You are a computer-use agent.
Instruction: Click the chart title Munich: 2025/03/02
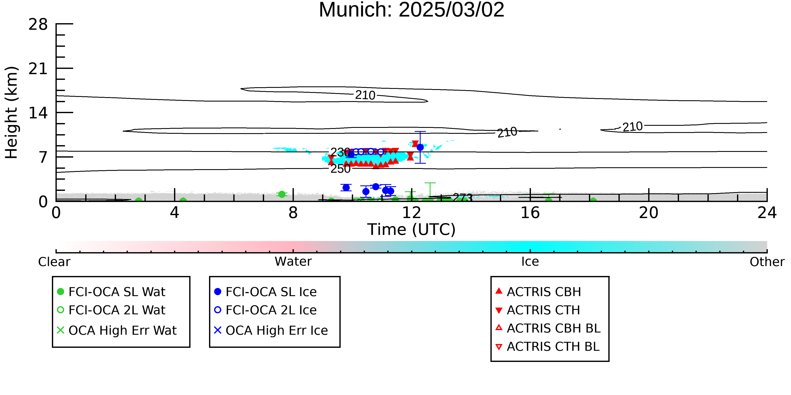(x=412, y=10)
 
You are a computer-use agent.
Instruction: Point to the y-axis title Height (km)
(x=12, y=112)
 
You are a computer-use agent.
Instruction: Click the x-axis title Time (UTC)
(x=412, y=229)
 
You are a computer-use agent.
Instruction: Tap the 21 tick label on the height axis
(x=38, y=69)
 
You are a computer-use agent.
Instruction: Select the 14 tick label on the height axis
(x=38, y=113)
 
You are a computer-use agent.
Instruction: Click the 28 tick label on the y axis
(x=38, y=24)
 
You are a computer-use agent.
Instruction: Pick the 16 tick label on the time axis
(x=530, y=213)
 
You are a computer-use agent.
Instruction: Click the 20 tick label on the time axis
(x=649, y=213)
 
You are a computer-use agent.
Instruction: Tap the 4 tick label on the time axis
(x=174, y=213)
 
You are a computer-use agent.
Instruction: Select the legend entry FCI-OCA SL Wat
(x=111, y=292)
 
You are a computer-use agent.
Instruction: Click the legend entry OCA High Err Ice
(x=271, y=330)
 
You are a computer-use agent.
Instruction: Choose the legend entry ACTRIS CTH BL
(x=548, y=347)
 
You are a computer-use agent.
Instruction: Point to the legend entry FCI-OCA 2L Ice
(x=265, y=310)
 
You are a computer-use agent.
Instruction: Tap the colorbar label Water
(x=293, y=262)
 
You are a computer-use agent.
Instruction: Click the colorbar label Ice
(x=530, y=262)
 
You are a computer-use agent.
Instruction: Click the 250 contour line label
(x=340, y=169)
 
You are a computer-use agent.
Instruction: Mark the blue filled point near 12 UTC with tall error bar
(x=420, y=147)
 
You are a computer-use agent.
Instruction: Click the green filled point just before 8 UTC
(x=282, y=194)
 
